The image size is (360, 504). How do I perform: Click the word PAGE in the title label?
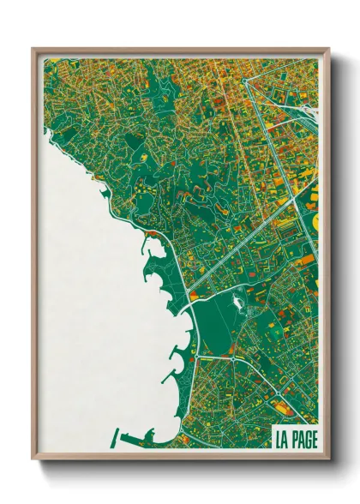pos(302,441)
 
